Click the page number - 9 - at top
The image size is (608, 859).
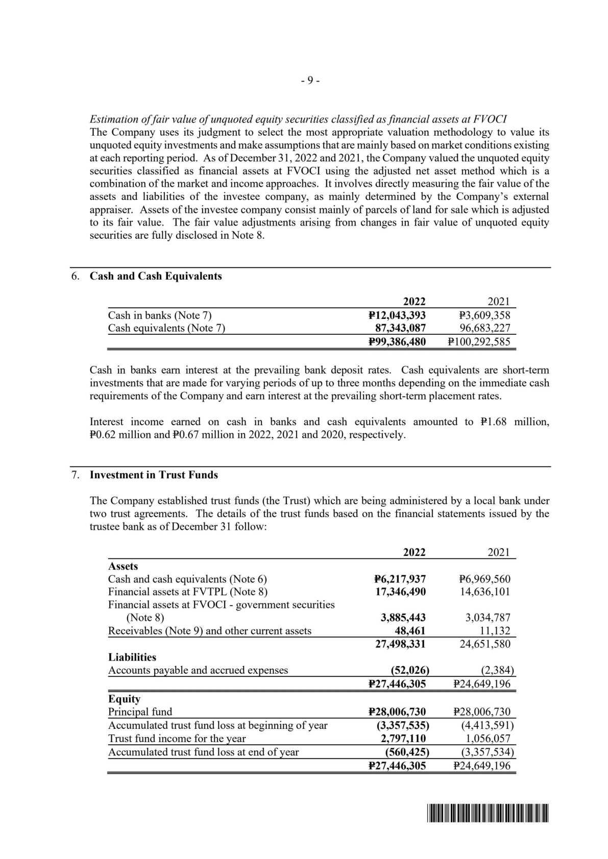pyautogui.click(x=310, y=81)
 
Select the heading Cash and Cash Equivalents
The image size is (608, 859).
pyautogui.click(x=156, y=276)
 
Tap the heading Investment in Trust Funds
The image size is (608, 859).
pyautogui.click(x=154, y=475)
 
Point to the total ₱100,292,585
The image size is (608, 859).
pyautogui.click(x=478, y=341)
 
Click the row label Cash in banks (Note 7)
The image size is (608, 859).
pyautogui.click(x=159, y=315)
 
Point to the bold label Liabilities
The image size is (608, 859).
pyautogui.click(x=132, y=657)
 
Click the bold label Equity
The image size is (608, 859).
pyautogui.click(x=124, y=699)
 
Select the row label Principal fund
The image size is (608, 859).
pyautogui.click(x=140, y=712)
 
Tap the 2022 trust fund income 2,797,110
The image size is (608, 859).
pyautogui.click(x=404, y=739)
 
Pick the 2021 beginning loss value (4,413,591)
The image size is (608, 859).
pyautogui.click(x=484, y=725)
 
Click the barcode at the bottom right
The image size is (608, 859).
pyautogui.click(x=485, y=813)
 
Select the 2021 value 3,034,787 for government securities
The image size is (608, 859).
pyautogui.click(x=488, y=618)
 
